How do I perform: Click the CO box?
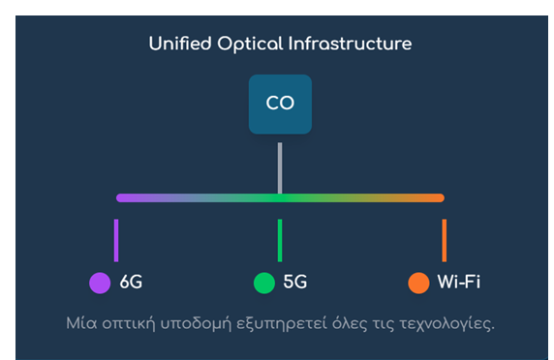[x=280, y=104]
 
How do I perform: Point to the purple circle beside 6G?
[x=100, y=283]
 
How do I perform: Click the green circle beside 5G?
[x=263, y=283]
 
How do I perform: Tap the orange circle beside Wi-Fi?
[x=418, y=283]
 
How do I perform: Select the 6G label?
[x=131, y=283]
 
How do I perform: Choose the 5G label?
[x=294, y=283]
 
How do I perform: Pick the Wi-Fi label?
[x=458, y=283]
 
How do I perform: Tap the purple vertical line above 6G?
[x=116, y=240]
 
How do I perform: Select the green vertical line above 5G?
[x=280, y=240]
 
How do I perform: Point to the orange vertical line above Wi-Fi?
[x=444, y=240]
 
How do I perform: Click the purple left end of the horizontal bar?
[x=124, y=198]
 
